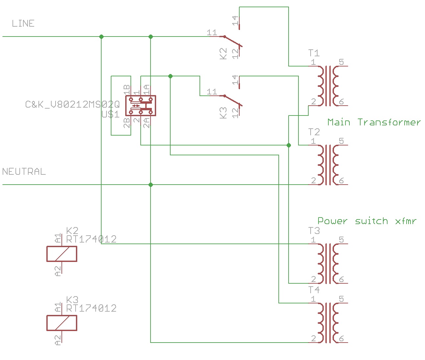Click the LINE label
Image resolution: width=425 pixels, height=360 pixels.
[23, 23]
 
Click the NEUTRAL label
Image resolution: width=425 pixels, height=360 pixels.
[24, 172]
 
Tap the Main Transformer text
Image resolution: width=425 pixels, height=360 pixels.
[374, 122]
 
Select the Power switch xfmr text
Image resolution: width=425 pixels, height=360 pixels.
[367, 221]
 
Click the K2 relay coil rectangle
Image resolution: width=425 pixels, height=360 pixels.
[62, 254]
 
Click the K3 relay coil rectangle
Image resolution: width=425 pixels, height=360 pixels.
[62, 323]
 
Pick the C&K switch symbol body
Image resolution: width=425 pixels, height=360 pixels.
[141, 106]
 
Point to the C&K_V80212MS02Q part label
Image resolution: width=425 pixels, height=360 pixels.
[72, 104]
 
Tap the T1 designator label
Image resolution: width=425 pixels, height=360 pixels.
[314, 53]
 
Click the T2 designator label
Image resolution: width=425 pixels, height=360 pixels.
[314, 132]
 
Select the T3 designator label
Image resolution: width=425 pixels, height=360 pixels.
[314, 231]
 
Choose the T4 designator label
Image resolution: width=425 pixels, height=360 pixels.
[314, 290]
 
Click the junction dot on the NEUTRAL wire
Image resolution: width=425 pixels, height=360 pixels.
[151, 185]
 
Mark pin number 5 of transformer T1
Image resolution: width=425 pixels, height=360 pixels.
[341, 62]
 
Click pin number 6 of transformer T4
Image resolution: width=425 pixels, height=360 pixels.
[341, 339]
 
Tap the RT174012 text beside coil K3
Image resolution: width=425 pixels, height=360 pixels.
[91, 308]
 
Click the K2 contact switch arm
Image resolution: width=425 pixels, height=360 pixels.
[233, 41]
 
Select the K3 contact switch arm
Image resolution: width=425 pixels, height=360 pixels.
[233, 101]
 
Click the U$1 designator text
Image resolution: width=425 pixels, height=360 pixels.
[111, 114]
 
